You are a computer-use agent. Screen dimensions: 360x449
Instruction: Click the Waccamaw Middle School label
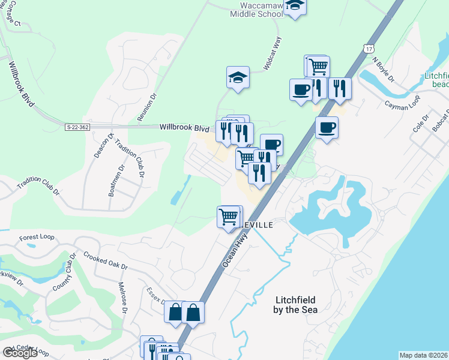pyautogui.click(x=257, y=9)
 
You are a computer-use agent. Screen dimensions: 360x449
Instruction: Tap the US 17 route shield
pyautogui.click(x=369, y=47)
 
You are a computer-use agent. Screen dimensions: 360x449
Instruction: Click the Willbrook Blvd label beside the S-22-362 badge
pyautogui.click(x=184, y=127)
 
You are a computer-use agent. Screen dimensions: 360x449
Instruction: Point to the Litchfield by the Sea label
pyautogui.click(x=296, y=305)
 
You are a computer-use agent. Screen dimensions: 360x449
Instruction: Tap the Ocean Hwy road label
pyautogui.click(x=235, y=248)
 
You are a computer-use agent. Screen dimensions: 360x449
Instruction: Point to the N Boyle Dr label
pyautogui.click(x=383, y=70)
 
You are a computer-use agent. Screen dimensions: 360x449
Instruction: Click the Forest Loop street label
pyautogui.click(x=36, y=238)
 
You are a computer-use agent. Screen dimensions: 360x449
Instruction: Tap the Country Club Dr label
pyautogui.click(x=63, y=273)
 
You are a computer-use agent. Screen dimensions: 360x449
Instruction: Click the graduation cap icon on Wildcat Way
pyautogui.click(x=238, y=77)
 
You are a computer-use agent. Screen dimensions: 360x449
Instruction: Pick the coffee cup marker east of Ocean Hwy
pyautogui.click(x=327, y=127)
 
